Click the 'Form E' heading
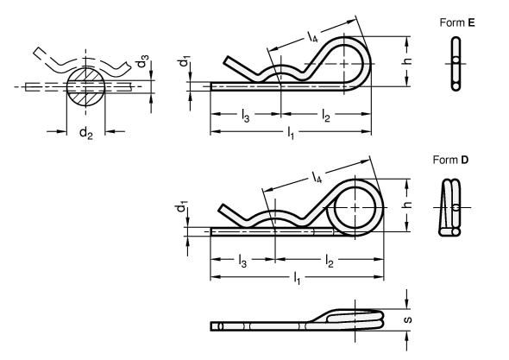coord(457,22)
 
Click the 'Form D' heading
coord(450,160)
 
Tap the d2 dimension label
coord(86,133)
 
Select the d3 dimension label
coord(143,61)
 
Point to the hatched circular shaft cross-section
coord(85,86)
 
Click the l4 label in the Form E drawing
coord(312,37)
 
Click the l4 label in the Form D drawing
coord(317,177)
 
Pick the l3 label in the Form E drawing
coord(245,116)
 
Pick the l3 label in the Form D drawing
coord(242,261)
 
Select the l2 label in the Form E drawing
coord(326,116)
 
